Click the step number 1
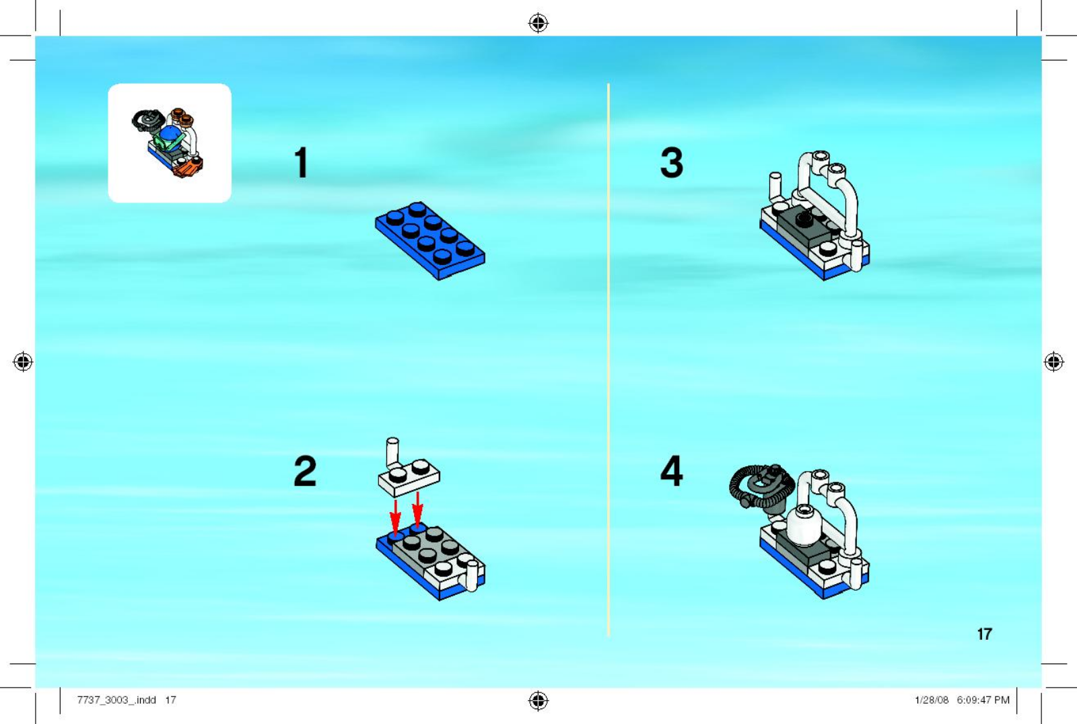pos(302,162)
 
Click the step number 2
pos(305,471)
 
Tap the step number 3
pos(672,162)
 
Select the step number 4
pos(672,471)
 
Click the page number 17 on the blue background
pos(984,634)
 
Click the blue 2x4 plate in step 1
pos(430,241)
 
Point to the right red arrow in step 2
pos(417,510)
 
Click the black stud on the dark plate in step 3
pos(804,220)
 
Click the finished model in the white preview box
pos(168,142)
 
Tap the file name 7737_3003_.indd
pos(116,700)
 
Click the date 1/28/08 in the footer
pos(932,700)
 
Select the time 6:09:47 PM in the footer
pos(983,700)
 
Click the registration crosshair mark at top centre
pos(538,23)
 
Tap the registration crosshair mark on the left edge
pos(23,361)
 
